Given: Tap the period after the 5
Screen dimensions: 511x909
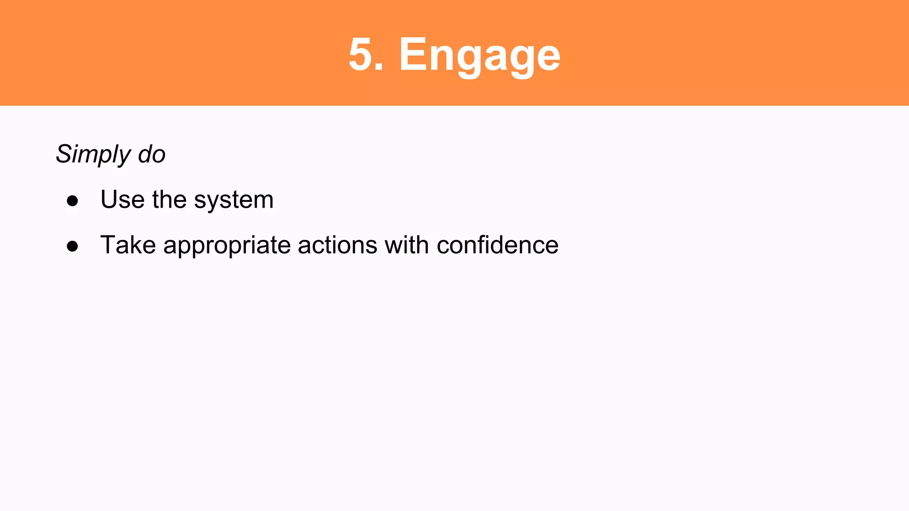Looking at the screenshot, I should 379,67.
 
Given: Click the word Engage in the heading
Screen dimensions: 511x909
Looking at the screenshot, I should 479,55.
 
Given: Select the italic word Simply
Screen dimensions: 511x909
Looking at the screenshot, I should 94,154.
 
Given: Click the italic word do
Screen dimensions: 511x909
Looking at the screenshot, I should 152,154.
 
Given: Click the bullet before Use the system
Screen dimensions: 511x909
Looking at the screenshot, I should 72,201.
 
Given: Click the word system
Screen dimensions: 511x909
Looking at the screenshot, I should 234,200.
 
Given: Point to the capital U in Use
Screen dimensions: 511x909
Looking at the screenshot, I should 110,199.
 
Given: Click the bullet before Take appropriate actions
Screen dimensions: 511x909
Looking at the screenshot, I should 72,246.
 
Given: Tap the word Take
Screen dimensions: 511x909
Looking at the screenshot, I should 128,245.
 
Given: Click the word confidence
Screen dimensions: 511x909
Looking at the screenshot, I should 498,245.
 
